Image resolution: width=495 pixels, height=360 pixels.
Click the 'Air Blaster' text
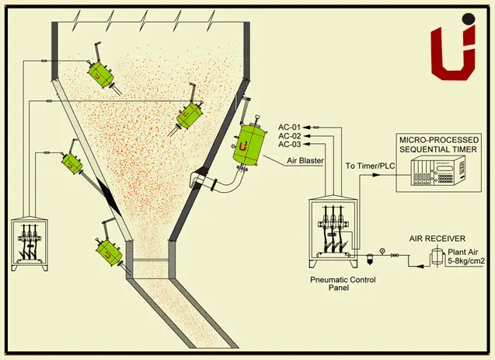306,161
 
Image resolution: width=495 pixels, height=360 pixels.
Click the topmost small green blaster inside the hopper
100,71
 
